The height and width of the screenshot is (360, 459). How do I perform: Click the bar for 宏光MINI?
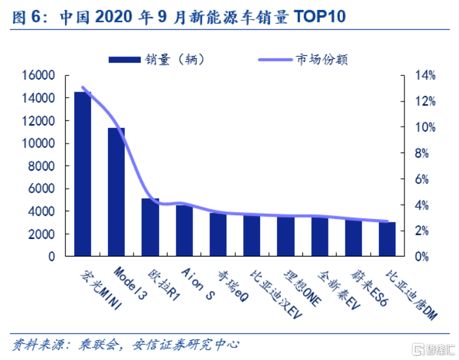(x=83, y=174)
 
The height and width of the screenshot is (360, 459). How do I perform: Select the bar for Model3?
(x=117, y=191)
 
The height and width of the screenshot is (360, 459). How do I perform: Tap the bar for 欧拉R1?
(x=150, y=227)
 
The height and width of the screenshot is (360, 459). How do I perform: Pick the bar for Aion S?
(x=184, y=230)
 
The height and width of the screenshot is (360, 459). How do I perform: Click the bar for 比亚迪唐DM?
(x=388, y=239)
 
